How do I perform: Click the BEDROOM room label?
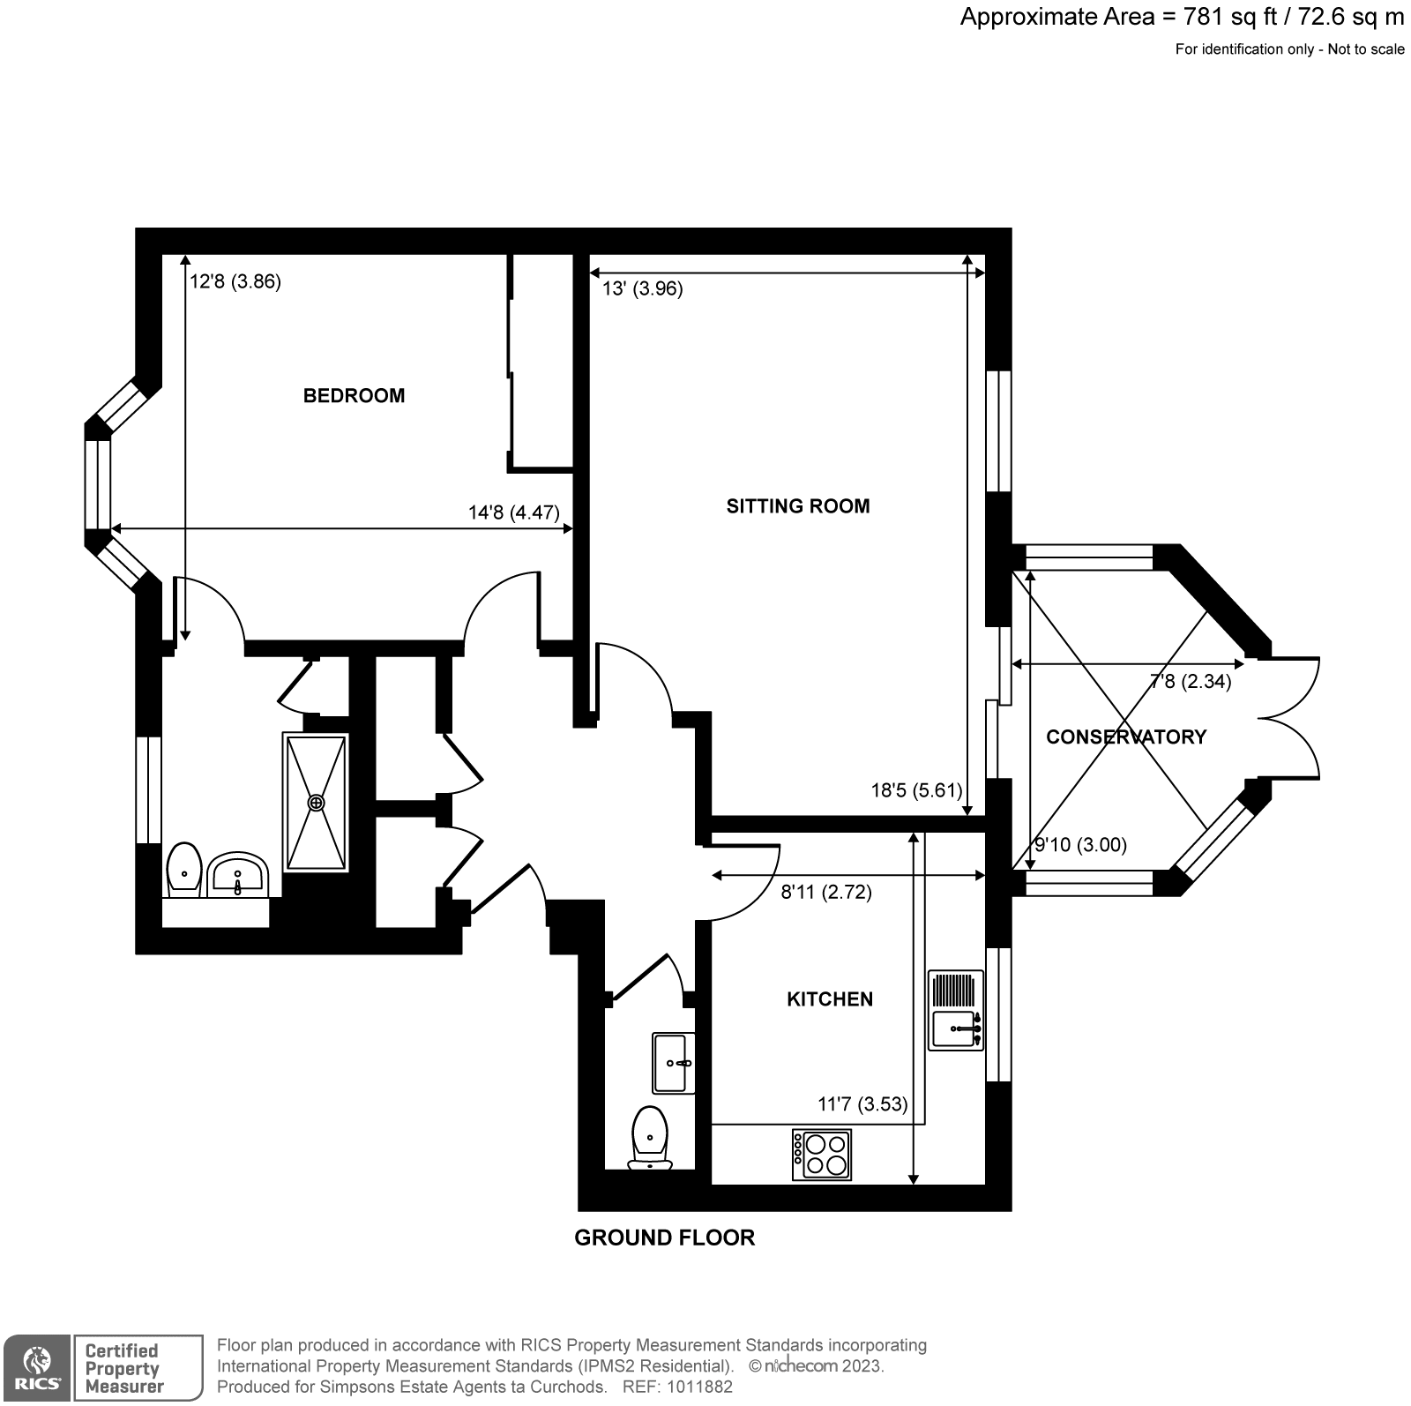pos(354,396)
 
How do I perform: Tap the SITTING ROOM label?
pos(797,506)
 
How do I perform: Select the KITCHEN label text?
pos(829,999)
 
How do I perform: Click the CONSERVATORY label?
pos(1125,737)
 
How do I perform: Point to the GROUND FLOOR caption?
pos(664,1238)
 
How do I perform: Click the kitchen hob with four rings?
pos(822,1154)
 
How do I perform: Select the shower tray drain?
pos(316,803)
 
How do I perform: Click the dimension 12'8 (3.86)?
pos(235,282)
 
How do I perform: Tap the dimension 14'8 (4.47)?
pos(513,512)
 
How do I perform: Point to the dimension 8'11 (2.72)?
pos(826,893)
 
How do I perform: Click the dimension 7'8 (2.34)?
pos(1191,682)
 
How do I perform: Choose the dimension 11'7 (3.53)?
pos(862,1104)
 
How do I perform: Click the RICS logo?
pos(35,1368)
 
